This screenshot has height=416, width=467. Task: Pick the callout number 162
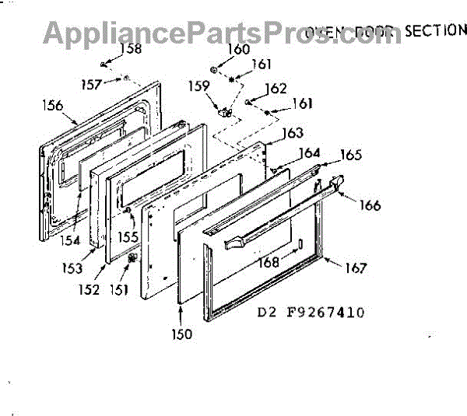(x=276, y=88)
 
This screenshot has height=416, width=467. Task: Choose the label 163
(x=293, y=133)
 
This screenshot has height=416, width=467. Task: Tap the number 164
(x=310, y=152)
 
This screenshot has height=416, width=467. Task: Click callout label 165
(x=351, y=155)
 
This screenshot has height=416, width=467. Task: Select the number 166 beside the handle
(x=370, y=205)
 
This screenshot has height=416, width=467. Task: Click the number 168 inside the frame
(x=269, y=262)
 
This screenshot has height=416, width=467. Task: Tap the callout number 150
(x=183, y=334)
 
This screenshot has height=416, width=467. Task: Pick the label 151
(x=118, y=290)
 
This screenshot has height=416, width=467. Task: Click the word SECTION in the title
(x=433, y=30)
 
